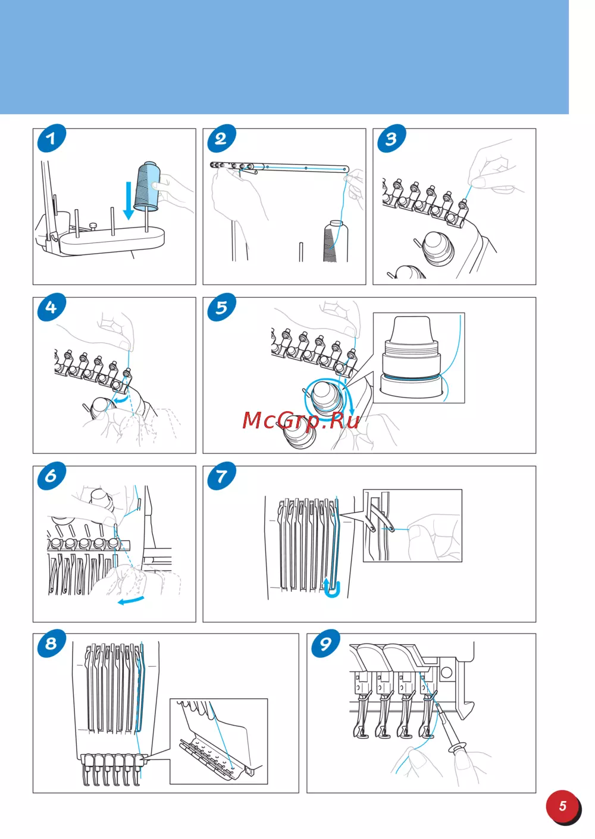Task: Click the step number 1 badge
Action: [51, 138]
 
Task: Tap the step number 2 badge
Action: [221, 138]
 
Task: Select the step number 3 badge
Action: [392, 138]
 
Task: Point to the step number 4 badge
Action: [51, 307]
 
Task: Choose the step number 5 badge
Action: [221, 307]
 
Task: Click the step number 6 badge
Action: [51, 476]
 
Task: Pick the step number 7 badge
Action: [221, 476]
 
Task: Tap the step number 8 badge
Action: [51, 644]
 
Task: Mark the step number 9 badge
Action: [325, 644]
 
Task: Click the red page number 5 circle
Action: [563, 806]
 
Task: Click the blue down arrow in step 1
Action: [129, 200]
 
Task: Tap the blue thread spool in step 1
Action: [147, 186]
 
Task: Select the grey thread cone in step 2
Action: [336, 241]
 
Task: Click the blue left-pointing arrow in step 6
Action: [130, 600]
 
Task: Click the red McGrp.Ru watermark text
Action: [301, 420]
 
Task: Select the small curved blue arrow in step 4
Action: [121, 401]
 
